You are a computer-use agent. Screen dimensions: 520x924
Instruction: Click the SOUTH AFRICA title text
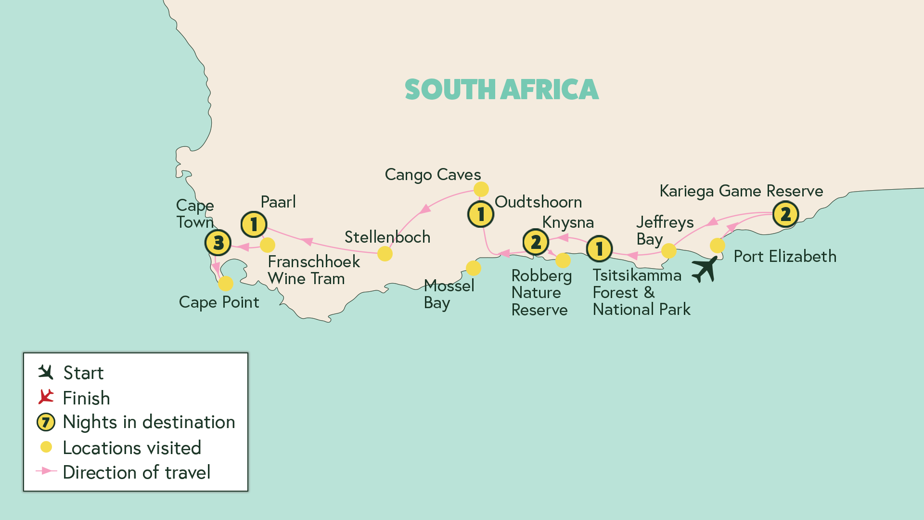[501, 90]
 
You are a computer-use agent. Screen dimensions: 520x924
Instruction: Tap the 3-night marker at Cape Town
[218, 242]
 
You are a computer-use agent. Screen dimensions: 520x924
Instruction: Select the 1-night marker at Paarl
[254, 224]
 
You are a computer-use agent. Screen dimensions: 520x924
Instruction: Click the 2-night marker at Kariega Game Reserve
[785, 214]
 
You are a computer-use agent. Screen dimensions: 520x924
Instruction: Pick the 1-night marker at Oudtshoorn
[481, 214]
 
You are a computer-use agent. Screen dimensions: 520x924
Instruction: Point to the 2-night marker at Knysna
[536, 242]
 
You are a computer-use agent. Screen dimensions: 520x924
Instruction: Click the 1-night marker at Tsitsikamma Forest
[599, 249]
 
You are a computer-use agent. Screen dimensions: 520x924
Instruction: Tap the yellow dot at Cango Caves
[481, 189]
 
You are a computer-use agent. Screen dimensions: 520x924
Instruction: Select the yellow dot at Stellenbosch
[385, 254]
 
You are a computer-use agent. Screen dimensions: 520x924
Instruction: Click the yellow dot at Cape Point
[225, 284]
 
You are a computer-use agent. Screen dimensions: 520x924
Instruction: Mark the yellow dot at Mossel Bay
[474, 268]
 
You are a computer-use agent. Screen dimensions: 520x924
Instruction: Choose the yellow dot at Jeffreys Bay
[668, 250]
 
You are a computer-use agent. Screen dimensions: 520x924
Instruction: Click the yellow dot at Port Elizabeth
[717, 246]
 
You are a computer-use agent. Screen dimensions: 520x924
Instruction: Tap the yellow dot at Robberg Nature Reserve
[563, 260]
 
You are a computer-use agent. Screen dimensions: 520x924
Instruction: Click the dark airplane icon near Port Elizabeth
[705, 269]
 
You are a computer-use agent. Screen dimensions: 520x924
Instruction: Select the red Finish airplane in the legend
[46, 397]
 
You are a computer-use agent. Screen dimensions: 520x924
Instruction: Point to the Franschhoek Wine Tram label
[313, 270]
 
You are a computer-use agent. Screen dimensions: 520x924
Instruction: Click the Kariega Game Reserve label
[741, 191]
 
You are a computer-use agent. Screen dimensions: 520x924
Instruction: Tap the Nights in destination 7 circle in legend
[46, 422]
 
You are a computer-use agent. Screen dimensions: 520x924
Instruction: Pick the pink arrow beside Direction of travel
[46, 471]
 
